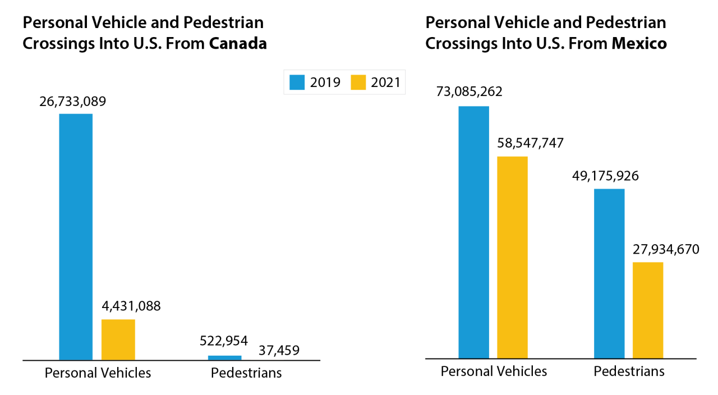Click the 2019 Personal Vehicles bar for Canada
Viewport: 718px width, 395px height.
[76, 236]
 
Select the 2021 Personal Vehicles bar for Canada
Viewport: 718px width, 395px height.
[118, 339]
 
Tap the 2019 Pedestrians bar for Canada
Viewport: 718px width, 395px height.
[224, 357]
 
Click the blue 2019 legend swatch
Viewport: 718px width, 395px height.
[297, 82]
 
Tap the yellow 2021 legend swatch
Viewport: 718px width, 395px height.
[358, 82]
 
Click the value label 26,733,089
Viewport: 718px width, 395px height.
[72, 102]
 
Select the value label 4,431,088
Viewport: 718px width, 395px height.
[131, 306]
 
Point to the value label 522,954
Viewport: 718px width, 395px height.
[224, 341]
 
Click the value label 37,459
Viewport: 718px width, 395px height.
[279, 351]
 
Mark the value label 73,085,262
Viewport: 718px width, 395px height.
[470, 91]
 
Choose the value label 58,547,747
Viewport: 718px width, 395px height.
[530, 143]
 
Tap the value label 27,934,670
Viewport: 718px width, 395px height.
[666, 249]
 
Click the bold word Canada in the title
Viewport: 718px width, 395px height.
[238, 44]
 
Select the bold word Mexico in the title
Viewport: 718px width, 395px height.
[639, 44]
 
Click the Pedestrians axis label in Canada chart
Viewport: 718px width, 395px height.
[246, 373]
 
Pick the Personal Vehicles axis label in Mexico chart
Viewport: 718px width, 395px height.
[494, 371]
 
